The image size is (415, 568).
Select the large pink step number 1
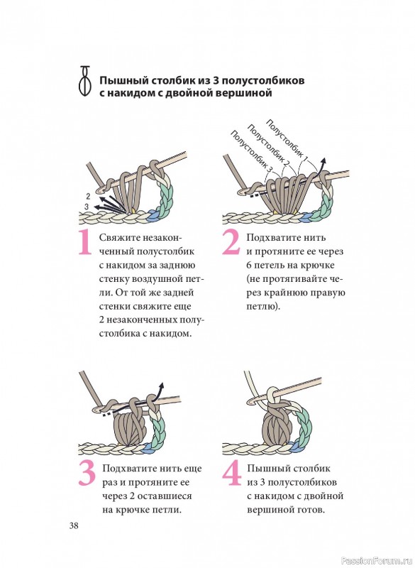pyautogui.click(x=85, y=241)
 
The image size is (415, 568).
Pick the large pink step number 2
pyautogui.click(x=231, y=241)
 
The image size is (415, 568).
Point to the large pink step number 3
pyautogui.click(x=87, y=474)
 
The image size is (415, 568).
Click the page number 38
pyautogui.click(x=74, y=525)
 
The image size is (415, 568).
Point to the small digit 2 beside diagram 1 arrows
pyautogui.click(x=88, y=197)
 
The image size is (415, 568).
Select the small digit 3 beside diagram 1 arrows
pyautogui.click(x=87, y=207)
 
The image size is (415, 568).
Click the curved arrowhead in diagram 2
pyautogui.click(x=323, y=161)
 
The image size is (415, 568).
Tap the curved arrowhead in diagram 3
pyautogui.click(x=162, y=386)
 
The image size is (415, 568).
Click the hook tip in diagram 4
pyautogui.click(x=250, y=401)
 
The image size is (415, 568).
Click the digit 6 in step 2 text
pyautogui.click(x=249, y=265)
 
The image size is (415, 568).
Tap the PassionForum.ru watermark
pyautogui.click(x=377, y=560)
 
